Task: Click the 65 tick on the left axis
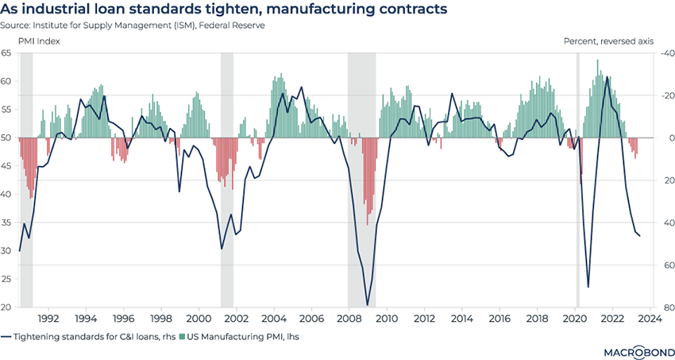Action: click(7, 52)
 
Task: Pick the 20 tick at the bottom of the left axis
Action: click(7, 308)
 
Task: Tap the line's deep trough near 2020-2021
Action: click(588, 287)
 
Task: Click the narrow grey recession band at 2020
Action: click(577, 179)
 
